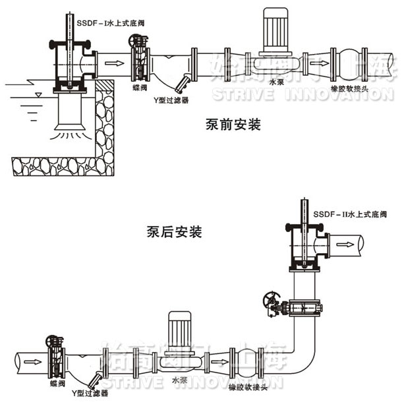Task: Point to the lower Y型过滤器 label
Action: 89,393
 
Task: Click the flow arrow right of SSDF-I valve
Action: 115,63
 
